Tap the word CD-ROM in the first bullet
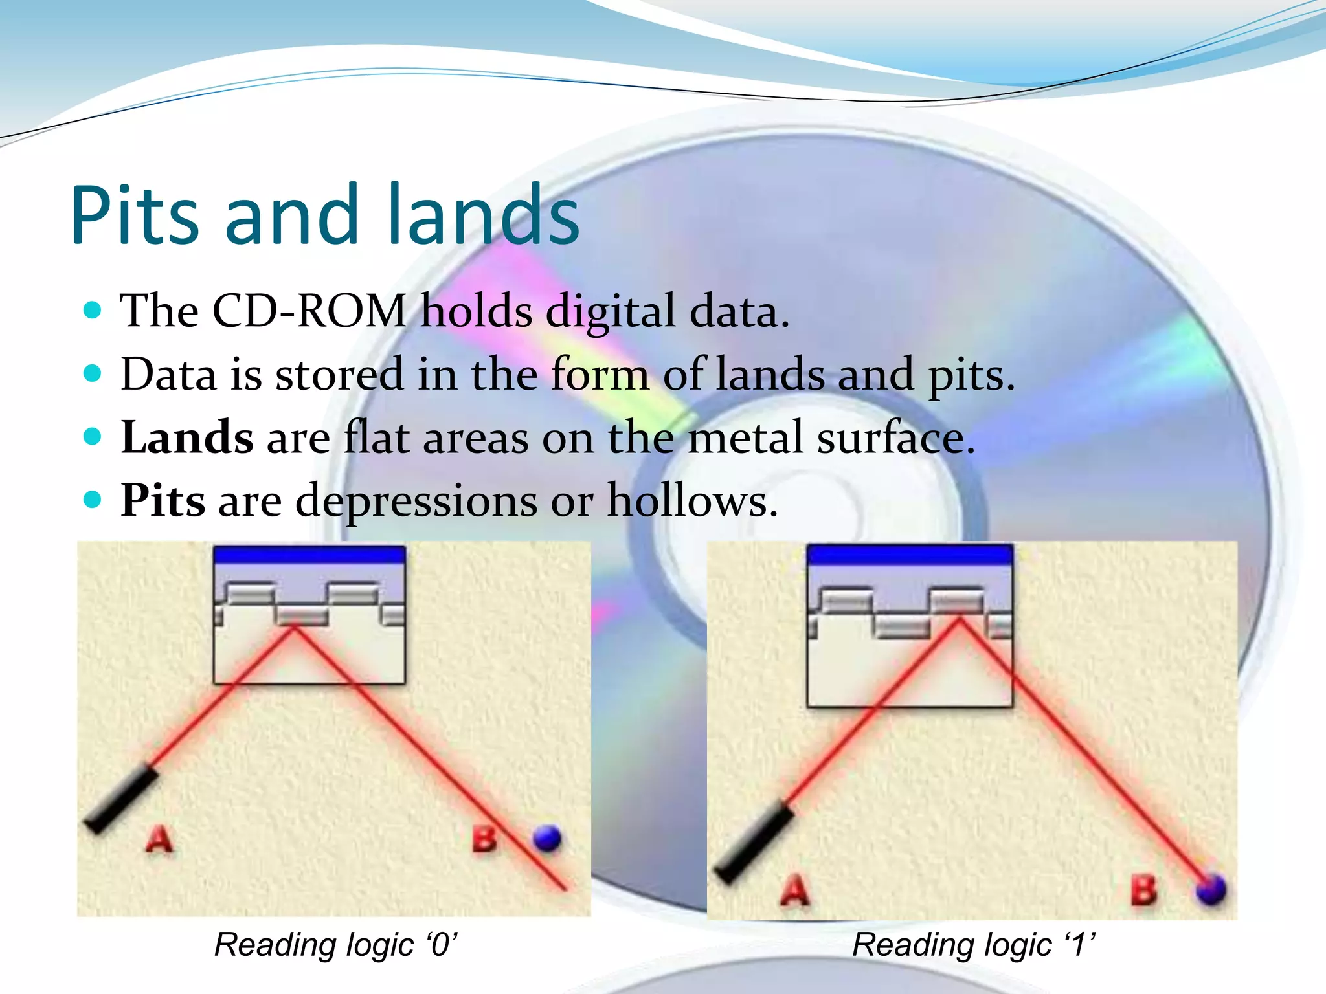coord(309,311)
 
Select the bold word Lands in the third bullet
coord(187,438)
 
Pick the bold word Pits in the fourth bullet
coord(163,501)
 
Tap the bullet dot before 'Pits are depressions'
coord(93,500)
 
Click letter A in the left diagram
coord(159,839)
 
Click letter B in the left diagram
coord(484,839)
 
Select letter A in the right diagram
coord(795,890)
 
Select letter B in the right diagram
coord(1143,890)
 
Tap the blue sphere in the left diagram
coord(547,838)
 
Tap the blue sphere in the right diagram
coord(1211,889)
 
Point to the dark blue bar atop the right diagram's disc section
coord(910,555)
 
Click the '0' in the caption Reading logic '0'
coord(441,945)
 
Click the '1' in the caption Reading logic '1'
coord(1078,945)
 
